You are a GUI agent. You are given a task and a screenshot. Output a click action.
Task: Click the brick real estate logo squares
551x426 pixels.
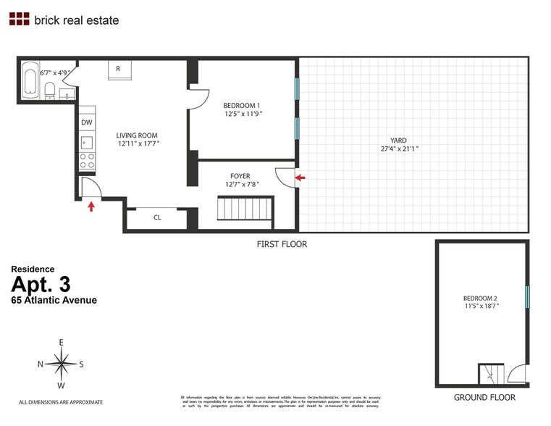[x=19, y=20]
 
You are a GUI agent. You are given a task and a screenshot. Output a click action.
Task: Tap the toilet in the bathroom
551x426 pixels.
[x=49, y=91]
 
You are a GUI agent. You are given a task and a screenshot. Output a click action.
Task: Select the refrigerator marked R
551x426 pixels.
[x=117, y=69]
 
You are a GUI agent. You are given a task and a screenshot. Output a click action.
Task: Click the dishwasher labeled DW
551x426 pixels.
[x=86, y=122]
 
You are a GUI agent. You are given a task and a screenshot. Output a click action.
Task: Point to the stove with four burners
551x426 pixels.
[x=86, y=161]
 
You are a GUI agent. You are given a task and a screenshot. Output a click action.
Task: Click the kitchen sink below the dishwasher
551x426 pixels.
[x=86, y=141]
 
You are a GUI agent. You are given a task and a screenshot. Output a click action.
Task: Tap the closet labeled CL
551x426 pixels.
[x=156, y=217]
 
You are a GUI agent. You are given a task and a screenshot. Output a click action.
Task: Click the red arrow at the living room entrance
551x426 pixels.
[x=91, y=207]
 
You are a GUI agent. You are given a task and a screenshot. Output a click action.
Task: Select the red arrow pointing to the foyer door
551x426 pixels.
[x=301, y=176]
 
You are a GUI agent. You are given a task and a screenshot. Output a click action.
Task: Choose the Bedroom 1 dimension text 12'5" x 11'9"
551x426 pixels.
[x=243, y=114]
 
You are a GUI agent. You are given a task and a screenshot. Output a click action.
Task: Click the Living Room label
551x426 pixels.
[x=137, y=135]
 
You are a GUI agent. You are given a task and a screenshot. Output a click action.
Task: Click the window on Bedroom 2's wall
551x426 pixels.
[x=527, y=296]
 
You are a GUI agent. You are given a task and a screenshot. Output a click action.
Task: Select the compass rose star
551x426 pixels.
[x=63, y=364]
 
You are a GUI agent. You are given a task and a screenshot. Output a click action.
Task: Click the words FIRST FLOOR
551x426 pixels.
[x=282, y=244]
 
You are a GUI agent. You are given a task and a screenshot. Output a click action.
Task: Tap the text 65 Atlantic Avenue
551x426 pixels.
[x=54, y=300]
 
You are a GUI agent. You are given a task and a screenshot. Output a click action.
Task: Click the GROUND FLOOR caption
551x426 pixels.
[x=484, y=397]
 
